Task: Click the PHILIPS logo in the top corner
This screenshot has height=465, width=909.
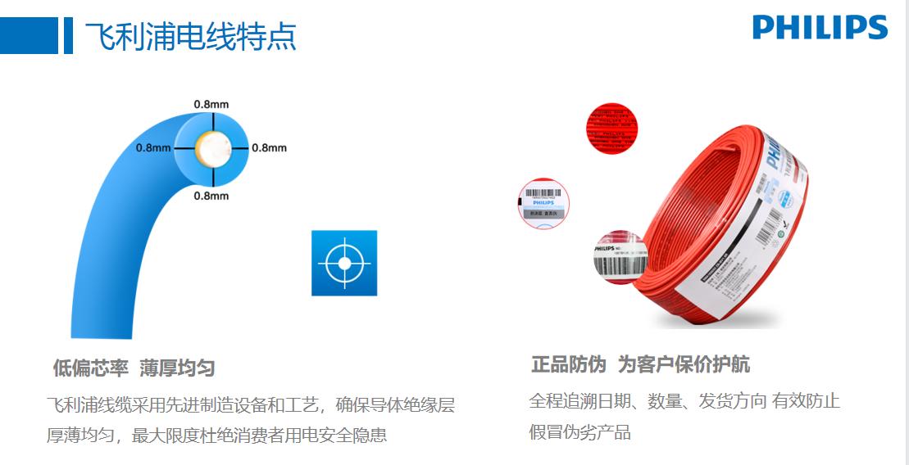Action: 820,27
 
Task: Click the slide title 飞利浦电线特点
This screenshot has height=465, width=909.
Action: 191,36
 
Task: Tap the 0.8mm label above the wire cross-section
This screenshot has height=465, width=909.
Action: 211,104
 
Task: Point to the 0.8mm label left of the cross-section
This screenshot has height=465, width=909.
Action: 153,148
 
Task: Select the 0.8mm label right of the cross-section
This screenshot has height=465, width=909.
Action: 269,148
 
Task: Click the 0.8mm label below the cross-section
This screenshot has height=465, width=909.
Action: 211,196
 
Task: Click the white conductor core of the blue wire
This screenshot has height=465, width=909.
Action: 212,148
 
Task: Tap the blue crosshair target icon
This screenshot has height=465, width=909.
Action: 344,263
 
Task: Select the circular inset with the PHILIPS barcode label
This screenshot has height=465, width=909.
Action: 543,201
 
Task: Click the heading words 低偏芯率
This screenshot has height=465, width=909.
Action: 90,368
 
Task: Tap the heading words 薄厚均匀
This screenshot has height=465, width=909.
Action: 177,368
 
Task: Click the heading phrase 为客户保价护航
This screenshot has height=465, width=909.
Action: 684,364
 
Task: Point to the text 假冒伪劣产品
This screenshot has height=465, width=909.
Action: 579,432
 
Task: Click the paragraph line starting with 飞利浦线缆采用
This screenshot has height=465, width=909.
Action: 250,404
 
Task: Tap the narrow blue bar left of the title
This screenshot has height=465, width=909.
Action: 68,36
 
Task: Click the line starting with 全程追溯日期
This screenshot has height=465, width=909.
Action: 684,401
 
